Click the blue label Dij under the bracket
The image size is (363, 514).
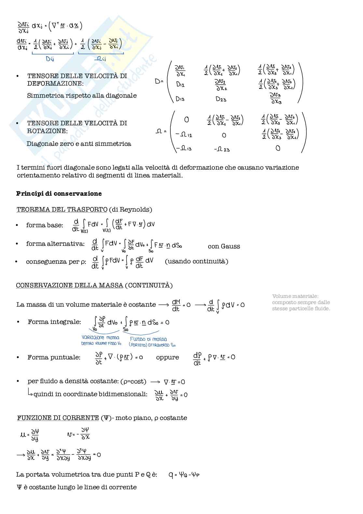50,59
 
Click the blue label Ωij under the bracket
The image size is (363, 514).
100,59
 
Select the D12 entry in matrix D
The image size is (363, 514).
180,84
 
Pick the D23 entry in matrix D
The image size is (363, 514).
221,99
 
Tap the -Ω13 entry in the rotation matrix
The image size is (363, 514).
184,148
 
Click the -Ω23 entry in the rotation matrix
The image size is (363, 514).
222,149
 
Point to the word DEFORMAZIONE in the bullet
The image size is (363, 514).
55,83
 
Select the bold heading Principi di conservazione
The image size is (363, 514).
59,193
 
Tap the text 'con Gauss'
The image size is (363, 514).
224,246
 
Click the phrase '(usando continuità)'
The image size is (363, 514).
196,261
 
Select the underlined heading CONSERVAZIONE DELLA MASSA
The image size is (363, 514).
70,285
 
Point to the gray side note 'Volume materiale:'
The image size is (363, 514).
295,296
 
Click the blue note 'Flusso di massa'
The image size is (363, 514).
148,339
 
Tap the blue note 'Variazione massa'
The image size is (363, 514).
101,338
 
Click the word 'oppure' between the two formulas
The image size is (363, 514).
168,357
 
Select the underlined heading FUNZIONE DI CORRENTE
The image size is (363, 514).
58,418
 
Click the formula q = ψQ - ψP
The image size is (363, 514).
184,475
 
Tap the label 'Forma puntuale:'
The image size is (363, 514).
54,357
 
